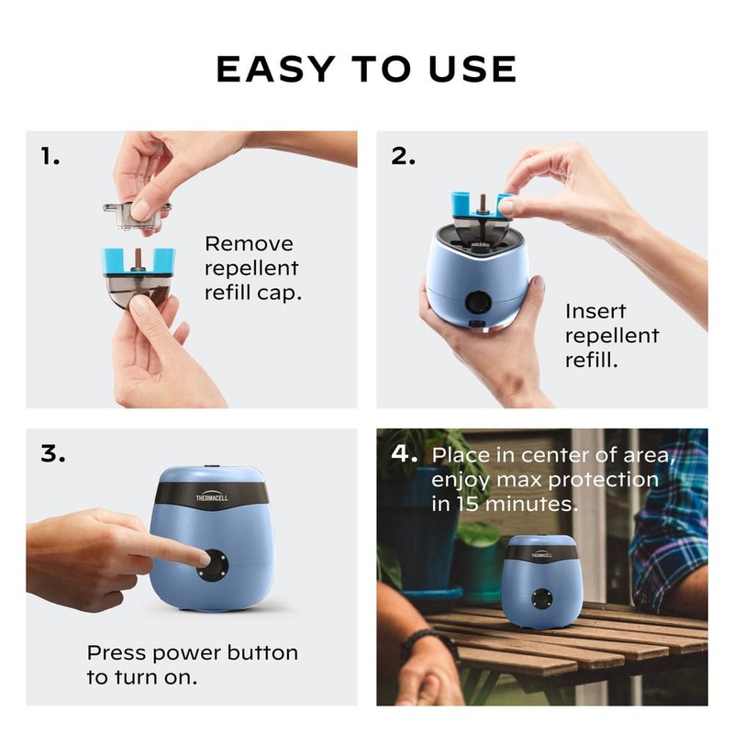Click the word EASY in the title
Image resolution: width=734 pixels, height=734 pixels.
pyautogui.click(x=275, y=69)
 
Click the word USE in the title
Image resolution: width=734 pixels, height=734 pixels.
pyautogui.click(x=473, y=69)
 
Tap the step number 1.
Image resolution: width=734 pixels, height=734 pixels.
pyautogui.click(x=50, y=156)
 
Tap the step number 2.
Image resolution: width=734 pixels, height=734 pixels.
pyautogui.click(x=403, y=156)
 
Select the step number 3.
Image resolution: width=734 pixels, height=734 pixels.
pyautogui.click(x=53, y=453)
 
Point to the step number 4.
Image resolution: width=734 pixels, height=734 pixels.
pyautogui.click(x=404, y=453)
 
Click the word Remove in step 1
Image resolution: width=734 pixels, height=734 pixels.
pyautogui.click(x=249, y=244)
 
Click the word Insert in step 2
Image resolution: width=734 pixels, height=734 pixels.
pyautogui.click(x=595, y=311)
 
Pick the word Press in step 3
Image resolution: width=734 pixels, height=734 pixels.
pyautogui.click(x=117, y=652)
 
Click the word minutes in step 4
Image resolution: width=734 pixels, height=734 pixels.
pyautogui.click(x=531, y=504)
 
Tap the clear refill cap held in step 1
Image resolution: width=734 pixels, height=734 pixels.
pyautogui.click(x=137, y=216)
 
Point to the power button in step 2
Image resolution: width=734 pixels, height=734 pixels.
pyautogui.click(x=478, y=302)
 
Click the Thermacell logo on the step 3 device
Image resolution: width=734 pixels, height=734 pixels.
pyautogui.click(x=212, y=496)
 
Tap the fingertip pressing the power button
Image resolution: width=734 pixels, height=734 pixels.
pyautogui.click(x=204, y=558)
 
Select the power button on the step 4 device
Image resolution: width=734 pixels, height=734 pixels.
pyautogui.click(x=542, y=599)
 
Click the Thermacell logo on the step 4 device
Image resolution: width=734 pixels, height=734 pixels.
pyautogui.click(x=541, y=554)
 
